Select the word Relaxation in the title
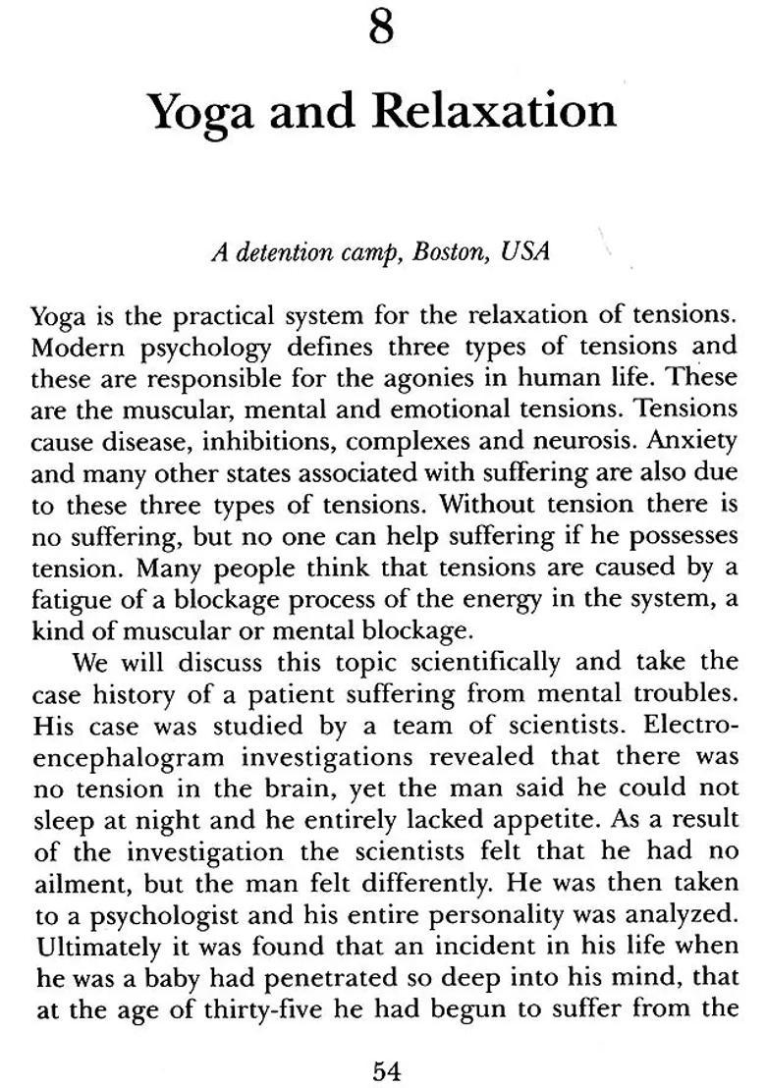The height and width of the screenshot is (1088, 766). pyautogui.click(x=496, y=112)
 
